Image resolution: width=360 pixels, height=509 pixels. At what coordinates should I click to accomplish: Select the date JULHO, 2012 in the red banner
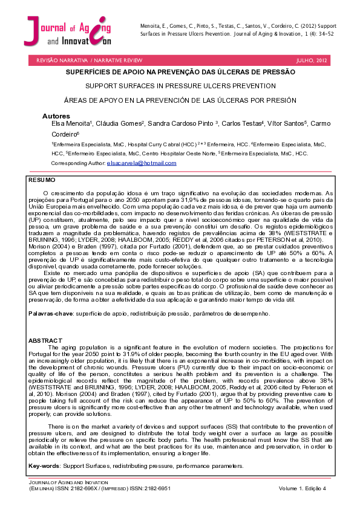coord(311,61)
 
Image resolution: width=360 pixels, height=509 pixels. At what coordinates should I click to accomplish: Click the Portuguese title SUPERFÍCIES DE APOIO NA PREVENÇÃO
coord(180,72)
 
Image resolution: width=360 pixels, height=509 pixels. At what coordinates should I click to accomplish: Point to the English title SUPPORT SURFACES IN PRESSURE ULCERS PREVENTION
coord(180,86)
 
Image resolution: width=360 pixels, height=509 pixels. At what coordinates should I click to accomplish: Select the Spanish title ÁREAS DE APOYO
coord(180,100)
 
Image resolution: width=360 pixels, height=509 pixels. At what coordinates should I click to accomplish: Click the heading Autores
coord(56,115)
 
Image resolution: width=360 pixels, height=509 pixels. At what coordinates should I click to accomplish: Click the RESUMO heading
coord(42,180)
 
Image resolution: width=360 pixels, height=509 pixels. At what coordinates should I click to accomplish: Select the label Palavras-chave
coord(50,314)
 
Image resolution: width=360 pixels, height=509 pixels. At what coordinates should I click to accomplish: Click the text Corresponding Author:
coord(78,163)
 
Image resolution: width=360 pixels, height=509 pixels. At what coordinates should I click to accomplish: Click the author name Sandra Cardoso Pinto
coord(181,123)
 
